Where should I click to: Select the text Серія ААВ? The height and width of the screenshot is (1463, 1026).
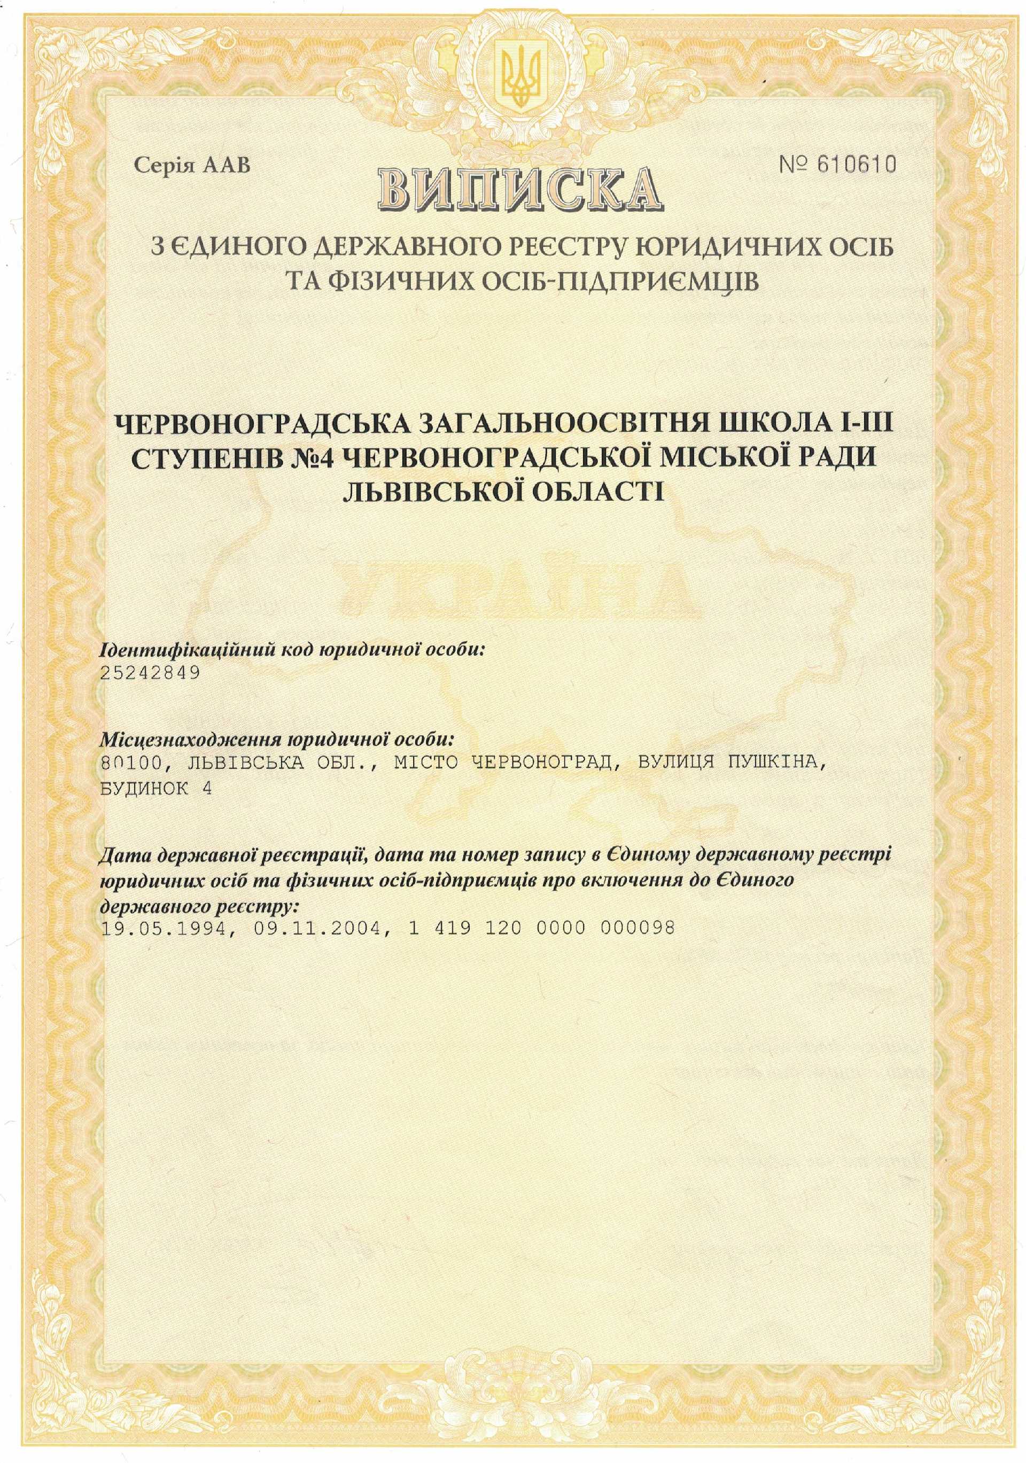pyautogui.click(x=192, y=166)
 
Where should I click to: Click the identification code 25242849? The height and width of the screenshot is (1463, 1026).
pyautogui.click(x=150, y=672)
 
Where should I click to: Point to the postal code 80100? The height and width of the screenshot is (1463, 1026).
pyautogui.click(x=126, y=762)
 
